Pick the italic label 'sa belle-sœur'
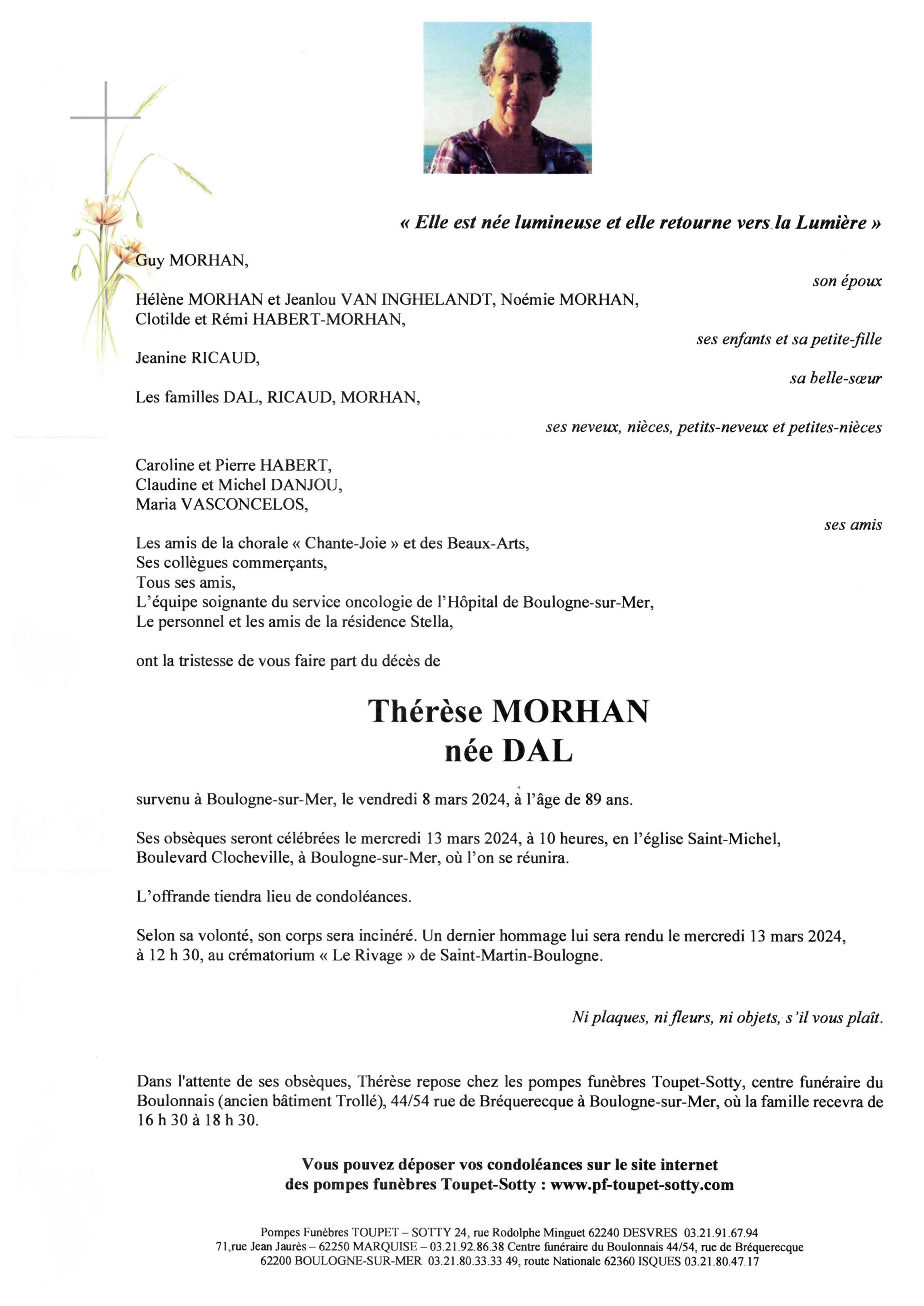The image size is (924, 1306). point(835,378)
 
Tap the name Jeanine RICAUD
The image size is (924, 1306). point(197,358)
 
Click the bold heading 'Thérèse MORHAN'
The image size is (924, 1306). point(508,711)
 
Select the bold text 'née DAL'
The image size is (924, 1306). point(508,752)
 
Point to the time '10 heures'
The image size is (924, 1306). point(572,839)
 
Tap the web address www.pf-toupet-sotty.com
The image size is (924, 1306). point(642,1185)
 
